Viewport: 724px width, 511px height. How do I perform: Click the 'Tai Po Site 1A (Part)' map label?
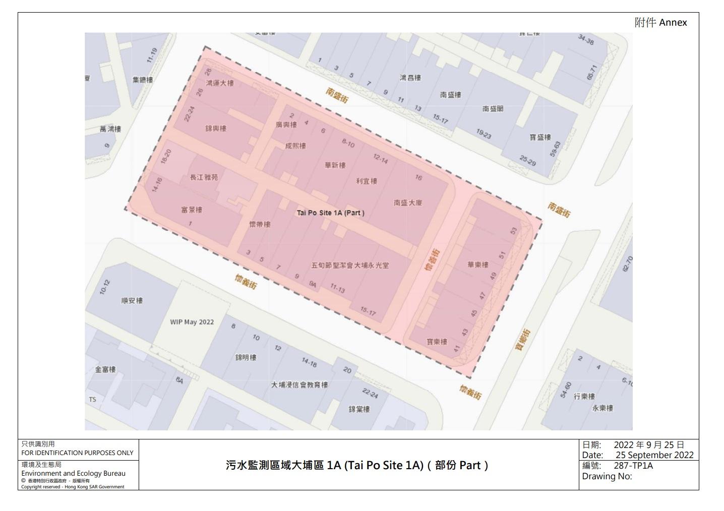330,213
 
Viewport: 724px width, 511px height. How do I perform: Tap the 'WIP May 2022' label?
192,322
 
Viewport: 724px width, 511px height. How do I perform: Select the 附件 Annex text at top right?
660,23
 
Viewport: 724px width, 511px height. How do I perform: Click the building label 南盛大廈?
408,203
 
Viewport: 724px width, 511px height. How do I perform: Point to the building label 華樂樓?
478,265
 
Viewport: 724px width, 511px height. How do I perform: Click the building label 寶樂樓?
437,342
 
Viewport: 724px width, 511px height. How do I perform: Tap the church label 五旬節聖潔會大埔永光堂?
350,265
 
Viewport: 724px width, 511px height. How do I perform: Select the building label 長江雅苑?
204,177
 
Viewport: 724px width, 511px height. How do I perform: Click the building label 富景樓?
192,210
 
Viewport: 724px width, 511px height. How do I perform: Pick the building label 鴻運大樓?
220,83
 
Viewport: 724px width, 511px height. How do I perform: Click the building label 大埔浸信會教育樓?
299,385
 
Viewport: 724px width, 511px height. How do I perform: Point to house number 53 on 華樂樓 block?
514,231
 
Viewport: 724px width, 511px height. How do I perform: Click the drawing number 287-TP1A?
633,466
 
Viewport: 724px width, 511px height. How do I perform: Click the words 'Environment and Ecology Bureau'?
74,473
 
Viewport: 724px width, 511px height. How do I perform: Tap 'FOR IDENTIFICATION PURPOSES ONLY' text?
77,453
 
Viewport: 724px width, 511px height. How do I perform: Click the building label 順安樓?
132,300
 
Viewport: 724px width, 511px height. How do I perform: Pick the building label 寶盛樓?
540,137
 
